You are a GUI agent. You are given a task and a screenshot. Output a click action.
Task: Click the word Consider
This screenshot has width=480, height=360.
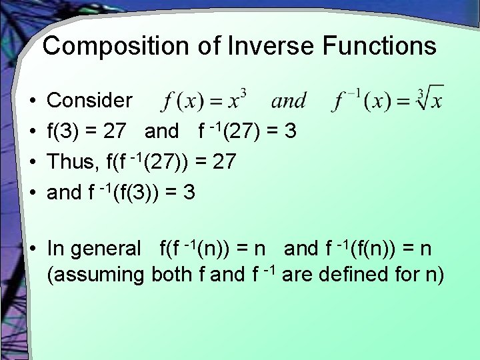coord(90,101)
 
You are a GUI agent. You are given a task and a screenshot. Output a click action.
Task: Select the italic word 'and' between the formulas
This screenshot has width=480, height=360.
coord(289,101)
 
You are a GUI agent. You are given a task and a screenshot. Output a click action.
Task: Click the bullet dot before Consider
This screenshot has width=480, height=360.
coord(33,101)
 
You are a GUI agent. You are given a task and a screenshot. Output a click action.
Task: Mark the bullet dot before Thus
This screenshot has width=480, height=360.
coord(33,163)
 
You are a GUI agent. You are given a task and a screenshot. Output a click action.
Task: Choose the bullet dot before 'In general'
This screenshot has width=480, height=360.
coord(33,249)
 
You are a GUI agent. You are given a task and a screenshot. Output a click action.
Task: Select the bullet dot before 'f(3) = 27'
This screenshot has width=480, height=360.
coord(33,132)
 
